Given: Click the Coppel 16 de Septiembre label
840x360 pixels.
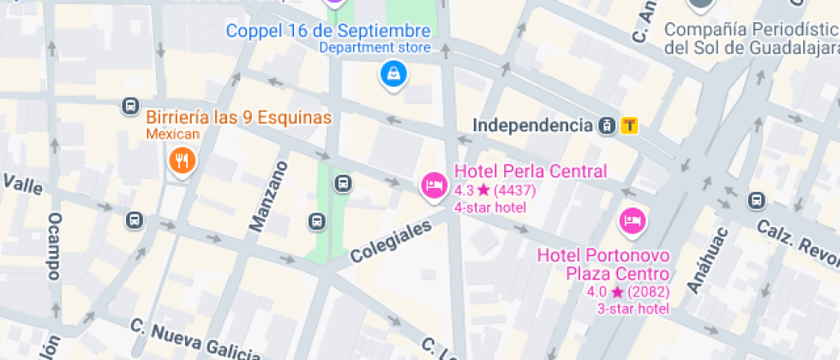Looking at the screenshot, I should point(328,31).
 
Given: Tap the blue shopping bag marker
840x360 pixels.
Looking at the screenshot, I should point(393,74).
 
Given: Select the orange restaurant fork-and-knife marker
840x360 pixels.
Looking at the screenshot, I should point(181,159).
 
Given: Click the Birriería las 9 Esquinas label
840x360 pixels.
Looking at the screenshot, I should point(238,117).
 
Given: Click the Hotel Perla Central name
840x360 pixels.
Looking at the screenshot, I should point(530,171).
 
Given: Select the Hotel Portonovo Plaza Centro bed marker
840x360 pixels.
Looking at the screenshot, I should point(633,221).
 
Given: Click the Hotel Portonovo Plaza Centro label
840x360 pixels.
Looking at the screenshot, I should point(603,264).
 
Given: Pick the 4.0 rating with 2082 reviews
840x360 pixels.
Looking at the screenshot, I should point(627,291).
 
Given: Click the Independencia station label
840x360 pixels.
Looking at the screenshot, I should point(532,126).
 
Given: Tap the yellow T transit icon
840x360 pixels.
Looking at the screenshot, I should point(630,126).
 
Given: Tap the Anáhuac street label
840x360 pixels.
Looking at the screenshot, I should point(708,260).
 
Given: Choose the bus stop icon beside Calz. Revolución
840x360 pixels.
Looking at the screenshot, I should point(756,201).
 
